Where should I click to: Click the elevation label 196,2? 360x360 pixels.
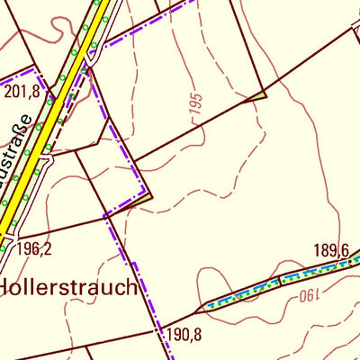[x=33, y=249]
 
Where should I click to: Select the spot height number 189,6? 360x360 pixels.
[x=330, y=250]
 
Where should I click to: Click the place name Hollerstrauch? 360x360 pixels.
[x=68, y=289]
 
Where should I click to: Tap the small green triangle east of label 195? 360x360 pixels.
[x=259, y=94]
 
